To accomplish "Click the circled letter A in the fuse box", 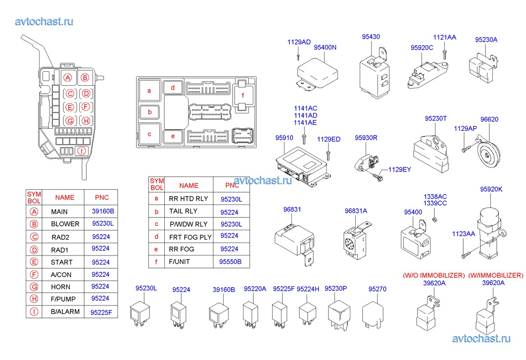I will pyautogui.click(x=68, y=77).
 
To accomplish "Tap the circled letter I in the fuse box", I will pyautogui.click(x=82, y=151).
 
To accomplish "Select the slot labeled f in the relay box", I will pyautogui.click(x=242, y=96).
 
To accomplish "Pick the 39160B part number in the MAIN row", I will pyautogui.click(x=103, y=211).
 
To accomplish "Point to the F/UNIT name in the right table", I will pyautogui.click(x=179, y=261).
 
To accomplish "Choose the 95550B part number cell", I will pyautogui.click(x=230, y=261).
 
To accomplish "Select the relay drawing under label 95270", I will pyautogui.click(x=374, y=314).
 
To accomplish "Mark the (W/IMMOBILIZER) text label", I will pyautogui.click(x=495, y=275).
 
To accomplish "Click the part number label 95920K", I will pyautogui.click(x=491, y=189).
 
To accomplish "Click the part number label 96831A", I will pyautogui.click(x=356, y=211).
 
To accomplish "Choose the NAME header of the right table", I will pyautogui.click(x=189, y=186).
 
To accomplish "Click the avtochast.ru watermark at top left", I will pyautogui.click(x=44, y=21).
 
